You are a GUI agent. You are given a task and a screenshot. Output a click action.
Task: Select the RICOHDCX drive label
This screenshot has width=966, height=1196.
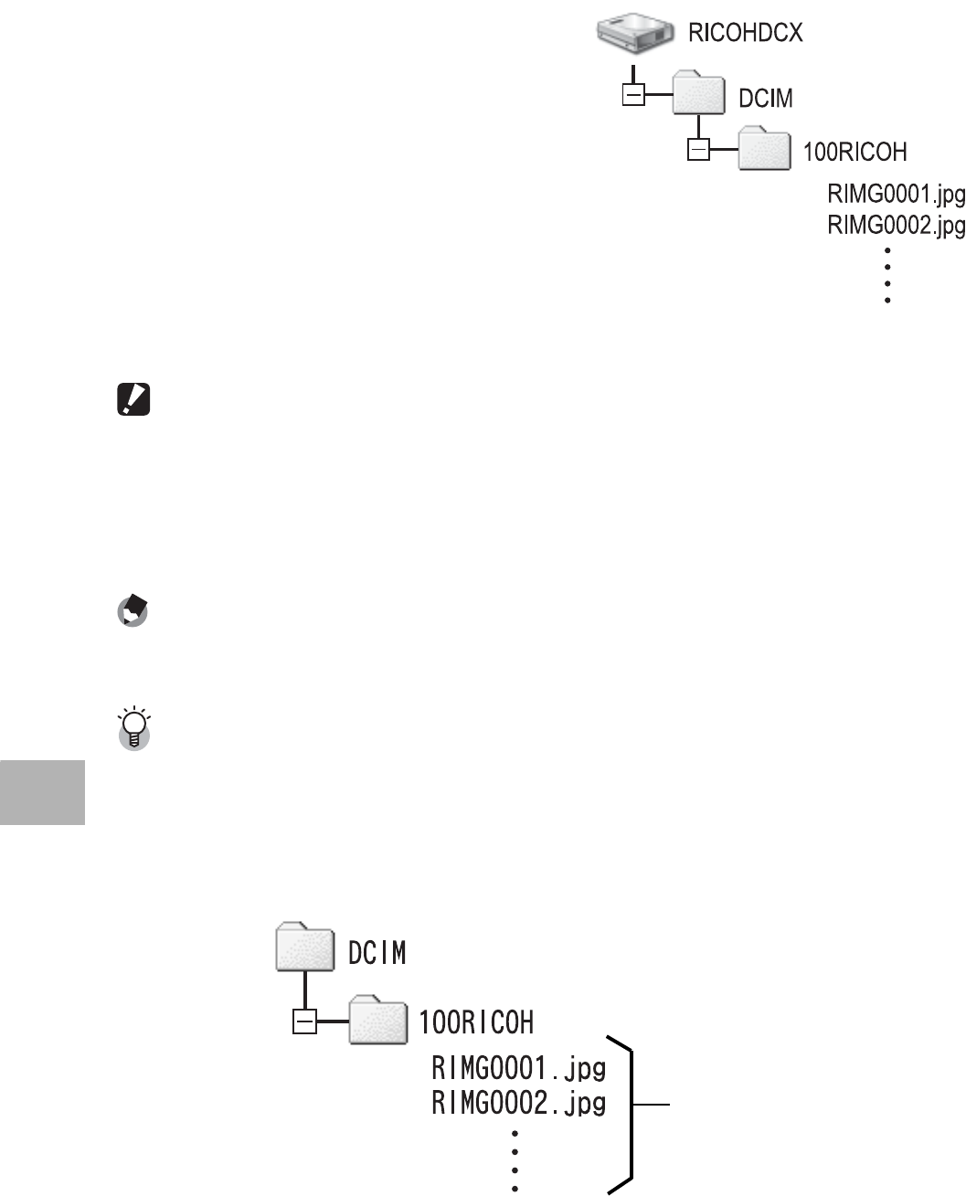(x=746, y=34)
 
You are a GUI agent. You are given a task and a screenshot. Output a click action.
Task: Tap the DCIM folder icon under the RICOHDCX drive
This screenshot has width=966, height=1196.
(x=699, y=94)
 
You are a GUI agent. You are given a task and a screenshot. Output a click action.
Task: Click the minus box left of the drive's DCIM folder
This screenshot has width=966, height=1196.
(x=632, y=95)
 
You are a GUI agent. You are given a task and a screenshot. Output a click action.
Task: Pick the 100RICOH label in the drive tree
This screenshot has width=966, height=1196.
(x=855, y=151)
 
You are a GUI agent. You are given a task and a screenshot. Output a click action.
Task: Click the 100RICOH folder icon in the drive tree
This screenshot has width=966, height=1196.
(x=764, y=148)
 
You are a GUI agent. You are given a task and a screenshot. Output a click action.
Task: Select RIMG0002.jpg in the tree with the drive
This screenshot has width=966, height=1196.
(x=896, y=225)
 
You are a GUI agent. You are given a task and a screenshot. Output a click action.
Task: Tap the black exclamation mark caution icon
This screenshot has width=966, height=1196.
(x=134, y=400)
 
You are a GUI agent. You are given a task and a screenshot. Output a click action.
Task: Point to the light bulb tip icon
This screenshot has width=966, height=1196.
(x=134, y=728)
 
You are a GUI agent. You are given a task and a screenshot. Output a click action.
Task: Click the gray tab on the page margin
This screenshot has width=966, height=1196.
(x=42, y=792)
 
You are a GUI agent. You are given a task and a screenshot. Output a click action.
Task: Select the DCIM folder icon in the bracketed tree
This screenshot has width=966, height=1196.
(x=304, y=948)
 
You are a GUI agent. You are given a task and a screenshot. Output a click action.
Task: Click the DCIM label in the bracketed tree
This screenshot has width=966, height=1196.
(x=377, y=953)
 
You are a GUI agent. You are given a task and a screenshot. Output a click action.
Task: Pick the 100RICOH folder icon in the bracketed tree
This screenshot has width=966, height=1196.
(x=378, y=1020)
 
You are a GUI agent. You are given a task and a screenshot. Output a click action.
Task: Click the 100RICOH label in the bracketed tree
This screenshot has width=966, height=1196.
(x=476, y=1021)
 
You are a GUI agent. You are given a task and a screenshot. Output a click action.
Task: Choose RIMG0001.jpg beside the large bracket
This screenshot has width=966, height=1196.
(x=518, y=1068)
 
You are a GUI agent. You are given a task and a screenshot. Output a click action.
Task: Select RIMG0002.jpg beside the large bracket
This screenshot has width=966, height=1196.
(x=518, y=1103)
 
